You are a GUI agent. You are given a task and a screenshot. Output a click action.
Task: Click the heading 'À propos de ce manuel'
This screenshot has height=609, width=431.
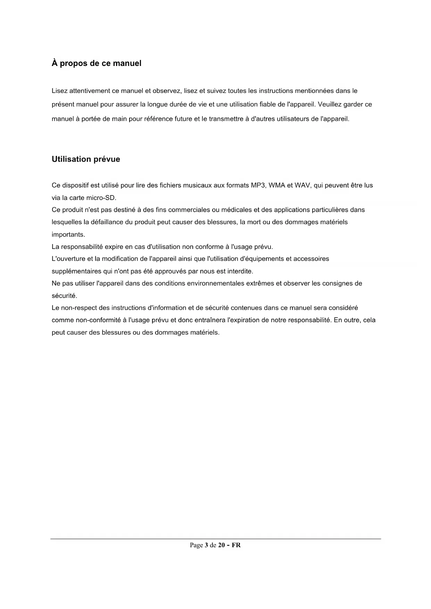(96, 64)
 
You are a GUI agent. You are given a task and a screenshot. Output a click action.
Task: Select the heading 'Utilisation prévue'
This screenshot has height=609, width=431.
(86, 159)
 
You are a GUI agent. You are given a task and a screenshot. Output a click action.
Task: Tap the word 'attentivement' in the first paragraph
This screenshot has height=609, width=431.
(90, 91)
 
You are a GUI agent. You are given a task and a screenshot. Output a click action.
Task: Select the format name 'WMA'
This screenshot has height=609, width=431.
(277, 185)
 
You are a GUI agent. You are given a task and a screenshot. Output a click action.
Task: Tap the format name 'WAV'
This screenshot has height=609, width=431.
(302, 185)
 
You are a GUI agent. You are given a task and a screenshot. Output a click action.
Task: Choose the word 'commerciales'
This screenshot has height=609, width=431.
(189, 210)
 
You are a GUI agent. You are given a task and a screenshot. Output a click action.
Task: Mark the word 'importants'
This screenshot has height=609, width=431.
(68, 235)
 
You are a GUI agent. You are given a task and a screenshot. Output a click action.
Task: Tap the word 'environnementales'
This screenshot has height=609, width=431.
(216, 284)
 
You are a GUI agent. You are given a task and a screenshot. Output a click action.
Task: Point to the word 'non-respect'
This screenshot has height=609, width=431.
(79, 308)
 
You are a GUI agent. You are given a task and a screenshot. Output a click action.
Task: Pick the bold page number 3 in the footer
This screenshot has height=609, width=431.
(206, 545)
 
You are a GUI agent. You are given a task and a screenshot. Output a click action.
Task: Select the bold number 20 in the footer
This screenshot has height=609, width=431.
(221, 545)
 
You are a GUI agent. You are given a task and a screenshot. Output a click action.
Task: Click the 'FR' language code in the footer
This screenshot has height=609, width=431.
(236, 545)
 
